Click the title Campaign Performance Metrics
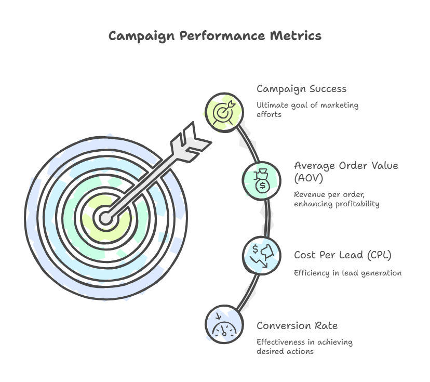[214, 36]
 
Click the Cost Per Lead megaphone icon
[263, 255]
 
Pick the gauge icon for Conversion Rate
[224, 324]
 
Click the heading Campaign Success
[301, 89]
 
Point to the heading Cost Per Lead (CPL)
[343, 255]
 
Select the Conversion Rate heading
[297, 326]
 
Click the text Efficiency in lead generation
[347, 273]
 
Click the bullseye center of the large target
[106, 218]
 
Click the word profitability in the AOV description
[355, 204]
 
